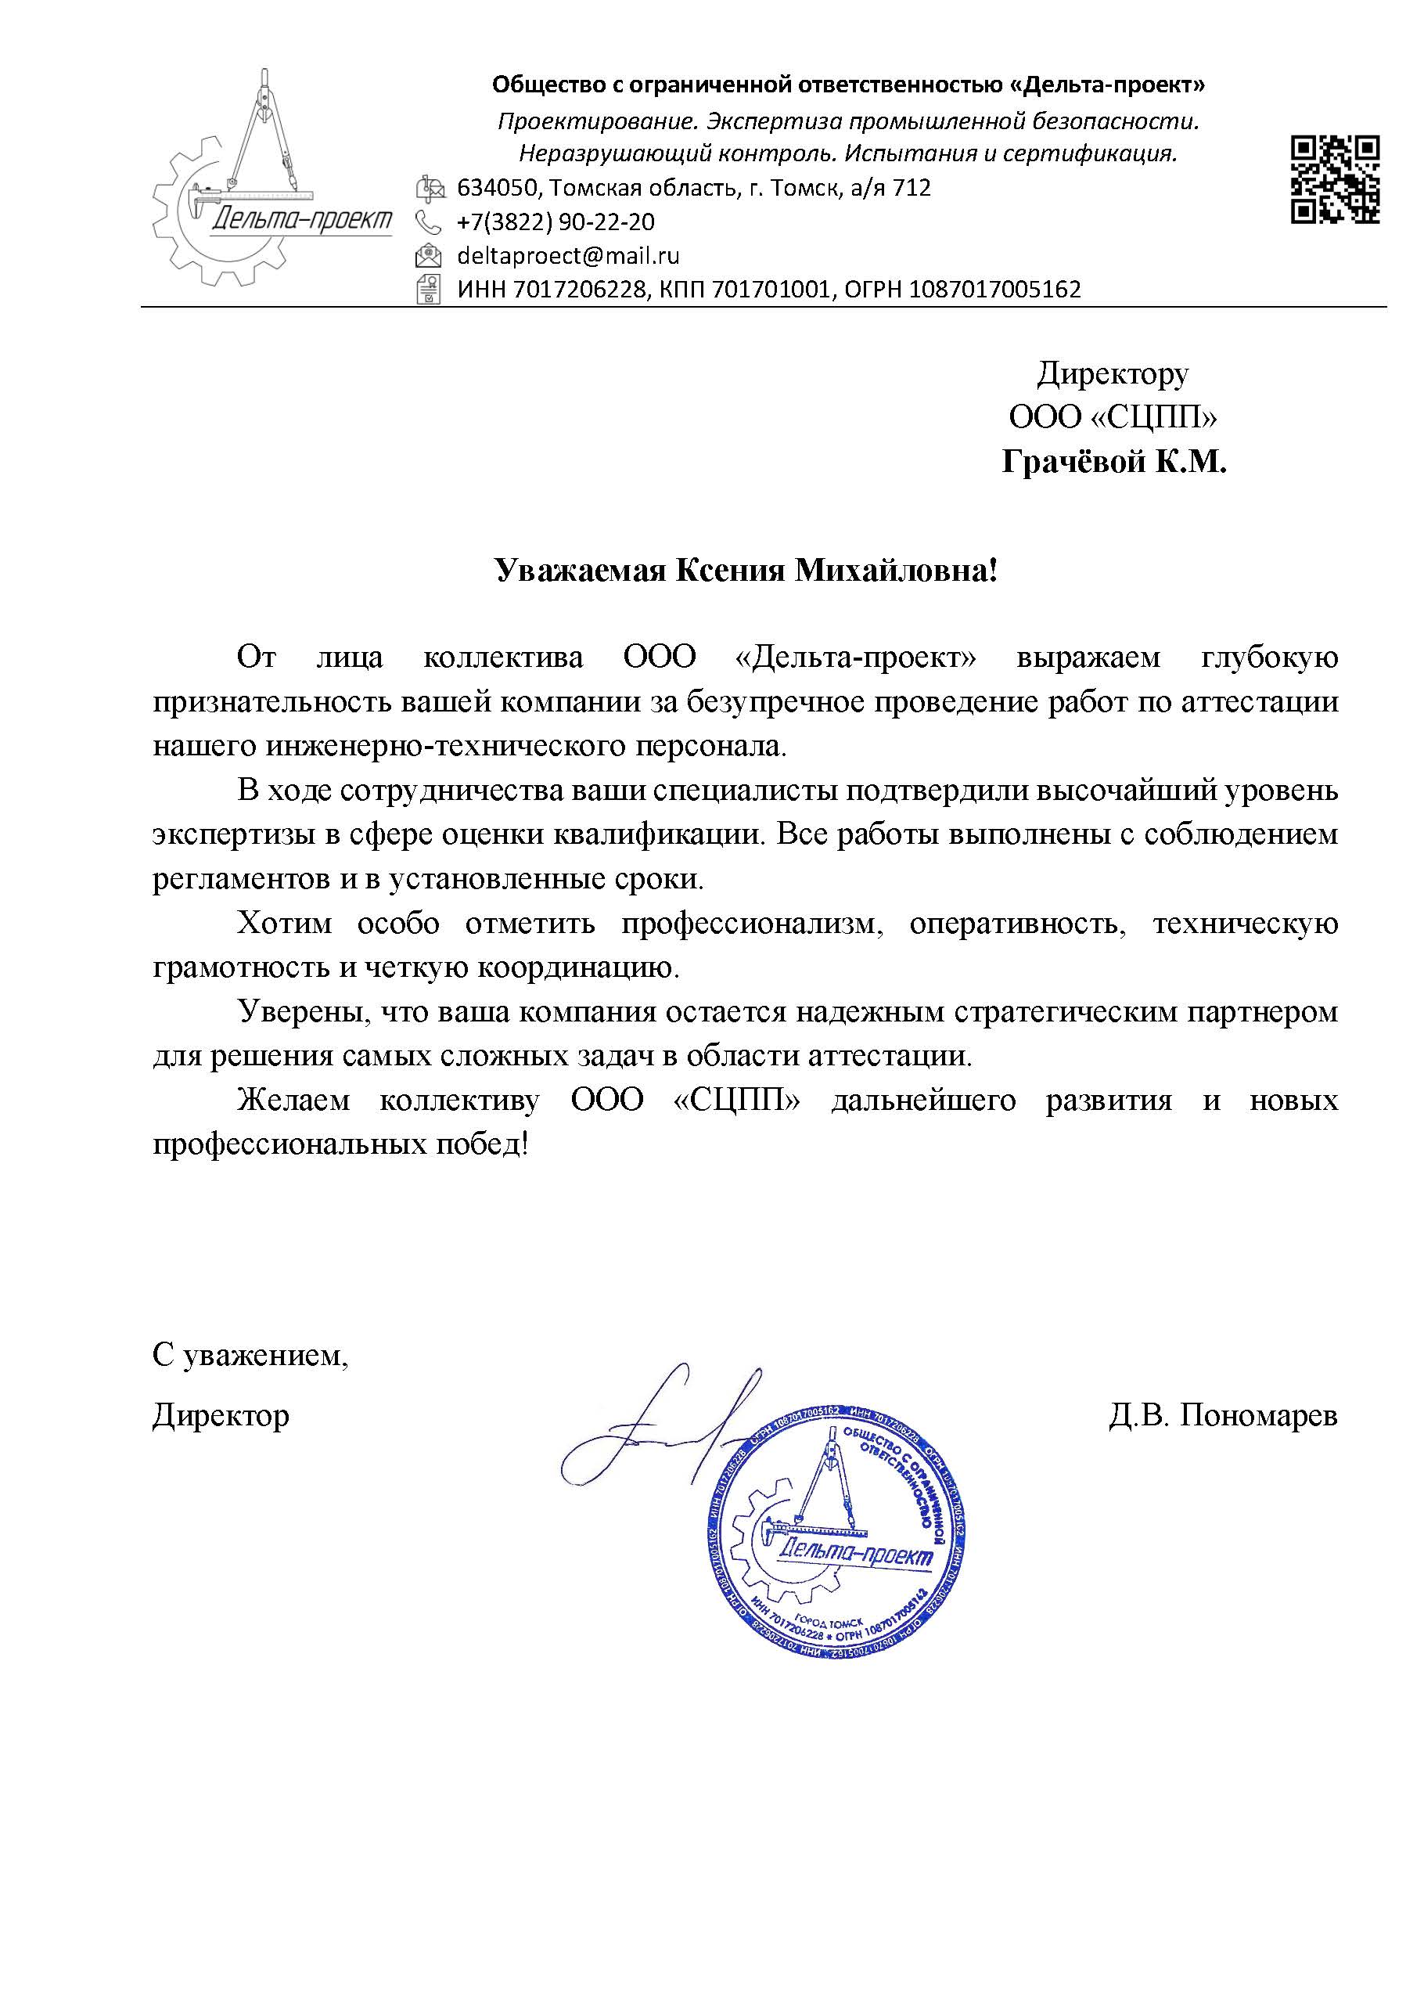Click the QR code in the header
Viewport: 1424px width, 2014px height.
pyautogui.click(x=1335, y=179)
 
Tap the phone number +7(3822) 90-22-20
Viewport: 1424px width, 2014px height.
pyautogui.click(x=555, y=222)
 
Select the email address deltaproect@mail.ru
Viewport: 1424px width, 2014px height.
pyautogui.click(x=568, y=256)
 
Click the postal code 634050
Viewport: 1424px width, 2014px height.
pyautogui.click(x=495, y=188)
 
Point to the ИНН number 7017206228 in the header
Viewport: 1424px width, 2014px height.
pyautogui.click(x=580, y=290)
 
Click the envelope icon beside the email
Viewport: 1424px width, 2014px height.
pyautogui.click(x=429, y=256)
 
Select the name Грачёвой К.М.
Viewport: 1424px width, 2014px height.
pyautogui.click(x=1113, y=461)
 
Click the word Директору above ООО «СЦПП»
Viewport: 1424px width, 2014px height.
pyautogui.click(x=1113, y=375)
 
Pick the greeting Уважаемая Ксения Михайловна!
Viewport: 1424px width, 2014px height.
pyautogui.click(x=746, y=572)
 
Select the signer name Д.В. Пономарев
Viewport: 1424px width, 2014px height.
pyautogui.click(x=1223, y=1415)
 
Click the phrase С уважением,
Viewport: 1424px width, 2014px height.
pyautogui.click(x=250, y=1356)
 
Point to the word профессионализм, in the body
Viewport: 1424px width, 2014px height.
pyautogui.click(x=750, y=924)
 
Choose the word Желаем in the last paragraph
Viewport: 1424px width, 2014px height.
pyautogui.click(x=293, y=1101)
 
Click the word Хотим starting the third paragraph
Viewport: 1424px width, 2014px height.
pyautogui.click(x=284, y=924)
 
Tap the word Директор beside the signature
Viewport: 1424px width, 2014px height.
pyautogui.click(x=220, y=1415)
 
